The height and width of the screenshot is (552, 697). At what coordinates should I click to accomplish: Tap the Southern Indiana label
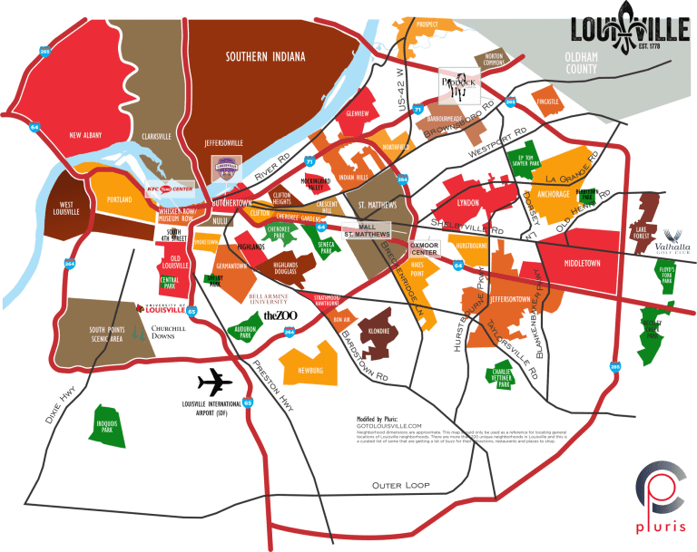pyautogui.click(x=265, y=56)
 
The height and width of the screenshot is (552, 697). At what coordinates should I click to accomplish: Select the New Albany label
pyautogui.click(x=89, y=136)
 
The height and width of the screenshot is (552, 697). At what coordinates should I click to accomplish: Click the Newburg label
pyautogui.click(x=310, y=370)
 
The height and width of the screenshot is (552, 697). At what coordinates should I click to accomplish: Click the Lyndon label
pyautogui.click(x=467, y=203)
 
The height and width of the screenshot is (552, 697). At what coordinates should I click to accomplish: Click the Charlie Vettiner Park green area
pyautogui.click(x=501, y=376)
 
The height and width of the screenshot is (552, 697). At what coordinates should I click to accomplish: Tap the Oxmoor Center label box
pyautogui.click(x=422, y=247)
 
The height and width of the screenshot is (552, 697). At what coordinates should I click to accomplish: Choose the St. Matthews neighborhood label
pyautogui.click(x=378, y=206)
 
